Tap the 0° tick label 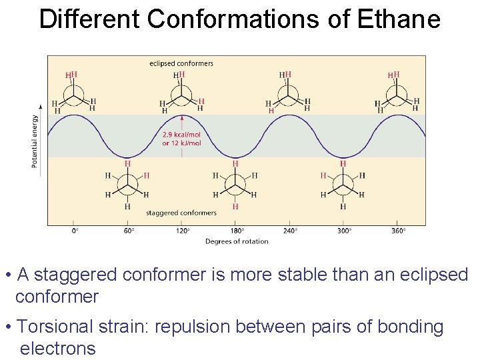(75, 231)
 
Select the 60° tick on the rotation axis (128, 231)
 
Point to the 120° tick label (182, 231)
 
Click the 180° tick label (236, 231)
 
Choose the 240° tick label (290, 231)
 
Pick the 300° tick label (344, 231)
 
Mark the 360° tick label (398, 231)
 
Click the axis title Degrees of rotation (237, 241)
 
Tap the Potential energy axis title (35, 141)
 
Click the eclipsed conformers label (181, 63)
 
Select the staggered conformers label (181, 213)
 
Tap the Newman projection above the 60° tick (127, 184)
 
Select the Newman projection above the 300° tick (343, 184)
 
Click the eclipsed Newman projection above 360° (397, 97)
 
